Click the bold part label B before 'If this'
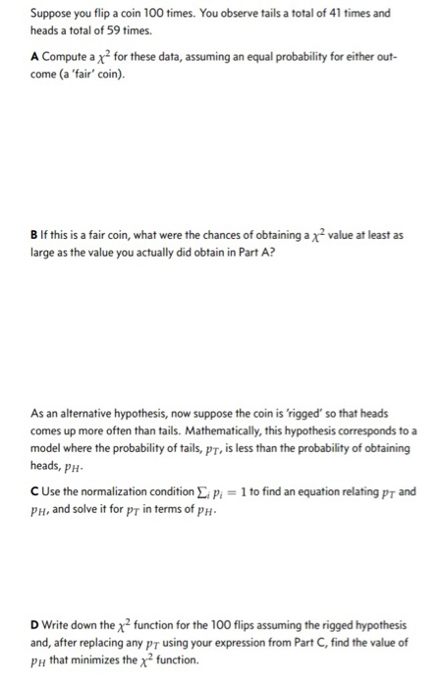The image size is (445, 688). (x=33, y=235)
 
